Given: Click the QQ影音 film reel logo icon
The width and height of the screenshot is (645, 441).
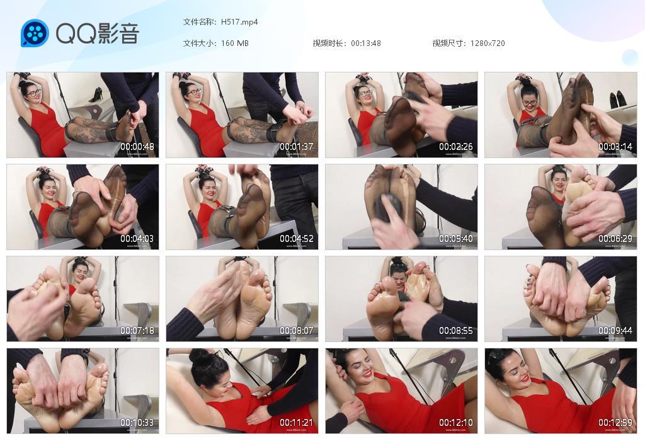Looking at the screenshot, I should [x=34, y=33].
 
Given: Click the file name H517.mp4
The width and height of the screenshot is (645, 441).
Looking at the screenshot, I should [x=239, y=22].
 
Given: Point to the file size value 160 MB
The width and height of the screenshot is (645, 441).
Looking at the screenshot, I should [x=235, y=43].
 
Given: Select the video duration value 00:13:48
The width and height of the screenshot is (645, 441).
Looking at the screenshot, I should [x=366, y=43].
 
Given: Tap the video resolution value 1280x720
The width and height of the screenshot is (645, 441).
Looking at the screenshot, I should [x=488, y=43].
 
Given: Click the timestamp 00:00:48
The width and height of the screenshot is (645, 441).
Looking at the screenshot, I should [x=137, y=147].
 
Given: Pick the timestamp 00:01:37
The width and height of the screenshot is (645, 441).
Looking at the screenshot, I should [x=297, y=147].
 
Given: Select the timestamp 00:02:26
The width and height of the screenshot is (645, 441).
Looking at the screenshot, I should [x=456, y=147].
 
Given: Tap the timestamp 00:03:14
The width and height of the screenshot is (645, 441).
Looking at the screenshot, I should [x=615, y=147].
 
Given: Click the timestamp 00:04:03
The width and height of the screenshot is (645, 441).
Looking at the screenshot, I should [x=137, y=239].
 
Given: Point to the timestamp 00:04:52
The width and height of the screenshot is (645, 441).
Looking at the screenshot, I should [x=297, y=239].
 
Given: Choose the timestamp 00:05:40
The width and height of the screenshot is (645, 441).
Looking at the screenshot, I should [x=456, y=239].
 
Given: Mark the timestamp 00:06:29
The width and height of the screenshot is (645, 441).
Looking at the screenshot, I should [x=615, y=239].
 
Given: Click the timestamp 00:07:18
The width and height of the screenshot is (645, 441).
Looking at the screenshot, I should [x=137, y=331].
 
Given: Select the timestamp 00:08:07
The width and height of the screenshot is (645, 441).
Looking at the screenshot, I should [x=297, y=331].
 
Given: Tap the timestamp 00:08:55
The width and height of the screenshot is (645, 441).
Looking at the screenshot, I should [x=456, y=331].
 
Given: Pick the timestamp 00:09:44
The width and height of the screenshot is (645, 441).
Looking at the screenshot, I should [x=615, y=331].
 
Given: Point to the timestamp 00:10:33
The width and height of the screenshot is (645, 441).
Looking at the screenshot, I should [x=137, y=423].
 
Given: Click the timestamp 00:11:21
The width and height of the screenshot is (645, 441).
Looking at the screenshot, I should [x=297, y=423].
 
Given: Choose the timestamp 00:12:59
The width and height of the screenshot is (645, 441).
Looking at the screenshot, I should [x=615, y=423].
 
